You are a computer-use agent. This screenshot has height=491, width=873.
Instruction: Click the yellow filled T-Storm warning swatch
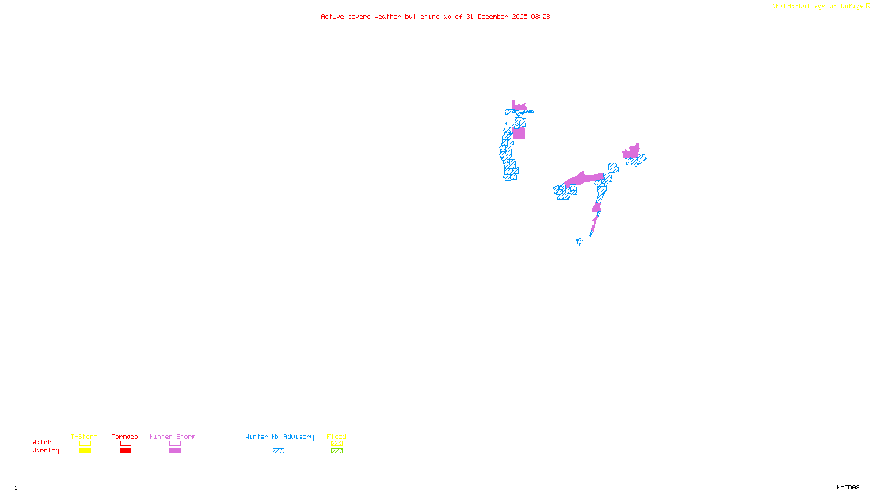click(85, 451)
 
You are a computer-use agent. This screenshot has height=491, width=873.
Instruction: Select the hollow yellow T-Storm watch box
click(85, 444)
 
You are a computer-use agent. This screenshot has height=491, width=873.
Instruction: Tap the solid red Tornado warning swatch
click(125, 451)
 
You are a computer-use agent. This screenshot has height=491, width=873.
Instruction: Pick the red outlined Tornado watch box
click(125, 444)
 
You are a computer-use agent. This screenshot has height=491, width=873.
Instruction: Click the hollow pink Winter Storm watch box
click(175, 444)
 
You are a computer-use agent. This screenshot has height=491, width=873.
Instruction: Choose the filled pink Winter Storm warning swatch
click(175, 451)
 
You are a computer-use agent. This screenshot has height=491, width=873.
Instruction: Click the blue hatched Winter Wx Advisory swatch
click(278, 451)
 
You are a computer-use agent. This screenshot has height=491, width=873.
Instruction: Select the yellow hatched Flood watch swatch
click(337, 444)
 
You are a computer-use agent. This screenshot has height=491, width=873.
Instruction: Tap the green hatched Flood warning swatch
click(337, 451)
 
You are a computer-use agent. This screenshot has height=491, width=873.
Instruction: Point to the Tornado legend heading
click(125, 436)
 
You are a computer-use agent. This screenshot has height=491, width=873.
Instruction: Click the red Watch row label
click(42, 442)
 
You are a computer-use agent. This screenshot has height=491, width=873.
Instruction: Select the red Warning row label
click(45, 451)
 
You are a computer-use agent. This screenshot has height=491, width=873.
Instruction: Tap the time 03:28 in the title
click(540, 17)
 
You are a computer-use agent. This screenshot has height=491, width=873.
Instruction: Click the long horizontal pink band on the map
click(584, 178)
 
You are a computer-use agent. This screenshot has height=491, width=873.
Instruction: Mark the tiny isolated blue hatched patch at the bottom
click(579, 241)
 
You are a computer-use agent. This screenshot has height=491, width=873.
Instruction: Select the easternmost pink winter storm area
click(631, 152)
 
